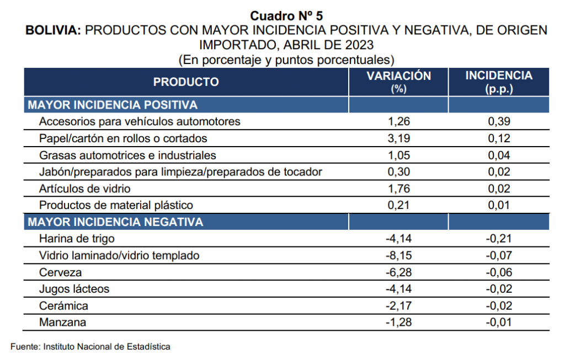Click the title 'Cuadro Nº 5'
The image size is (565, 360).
[286, 16]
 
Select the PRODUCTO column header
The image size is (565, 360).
[186, 82]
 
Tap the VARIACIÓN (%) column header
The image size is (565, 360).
[398, 82]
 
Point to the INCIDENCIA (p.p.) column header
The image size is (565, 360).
[499, 82]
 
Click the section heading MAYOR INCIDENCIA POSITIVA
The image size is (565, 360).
[113, 105]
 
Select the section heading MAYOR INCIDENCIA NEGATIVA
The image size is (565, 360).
[115, 222]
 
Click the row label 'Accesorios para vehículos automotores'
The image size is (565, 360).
[140, 122]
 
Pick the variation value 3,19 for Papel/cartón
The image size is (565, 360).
[398, 138]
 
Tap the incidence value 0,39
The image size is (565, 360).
[499, 122]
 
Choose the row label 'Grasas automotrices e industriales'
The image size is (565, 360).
[127, 155]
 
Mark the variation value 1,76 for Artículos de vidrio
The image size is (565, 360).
[398, 189]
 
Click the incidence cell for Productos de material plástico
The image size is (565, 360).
[499, 206]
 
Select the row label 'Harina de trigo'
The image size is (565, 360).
[77, 239]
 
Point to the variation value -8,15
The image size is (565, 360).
[398, 256]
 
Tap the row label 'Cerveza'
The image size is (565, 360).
[60, 272]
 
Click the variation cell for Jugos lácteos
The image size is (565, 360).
[398, 289]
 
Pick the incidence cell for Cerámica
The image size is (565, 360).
[499, 306]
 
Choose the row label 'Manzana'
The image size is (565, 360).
[62, 323]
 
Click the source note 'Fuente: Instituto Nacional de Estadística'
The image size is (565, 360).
[90, 347]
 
